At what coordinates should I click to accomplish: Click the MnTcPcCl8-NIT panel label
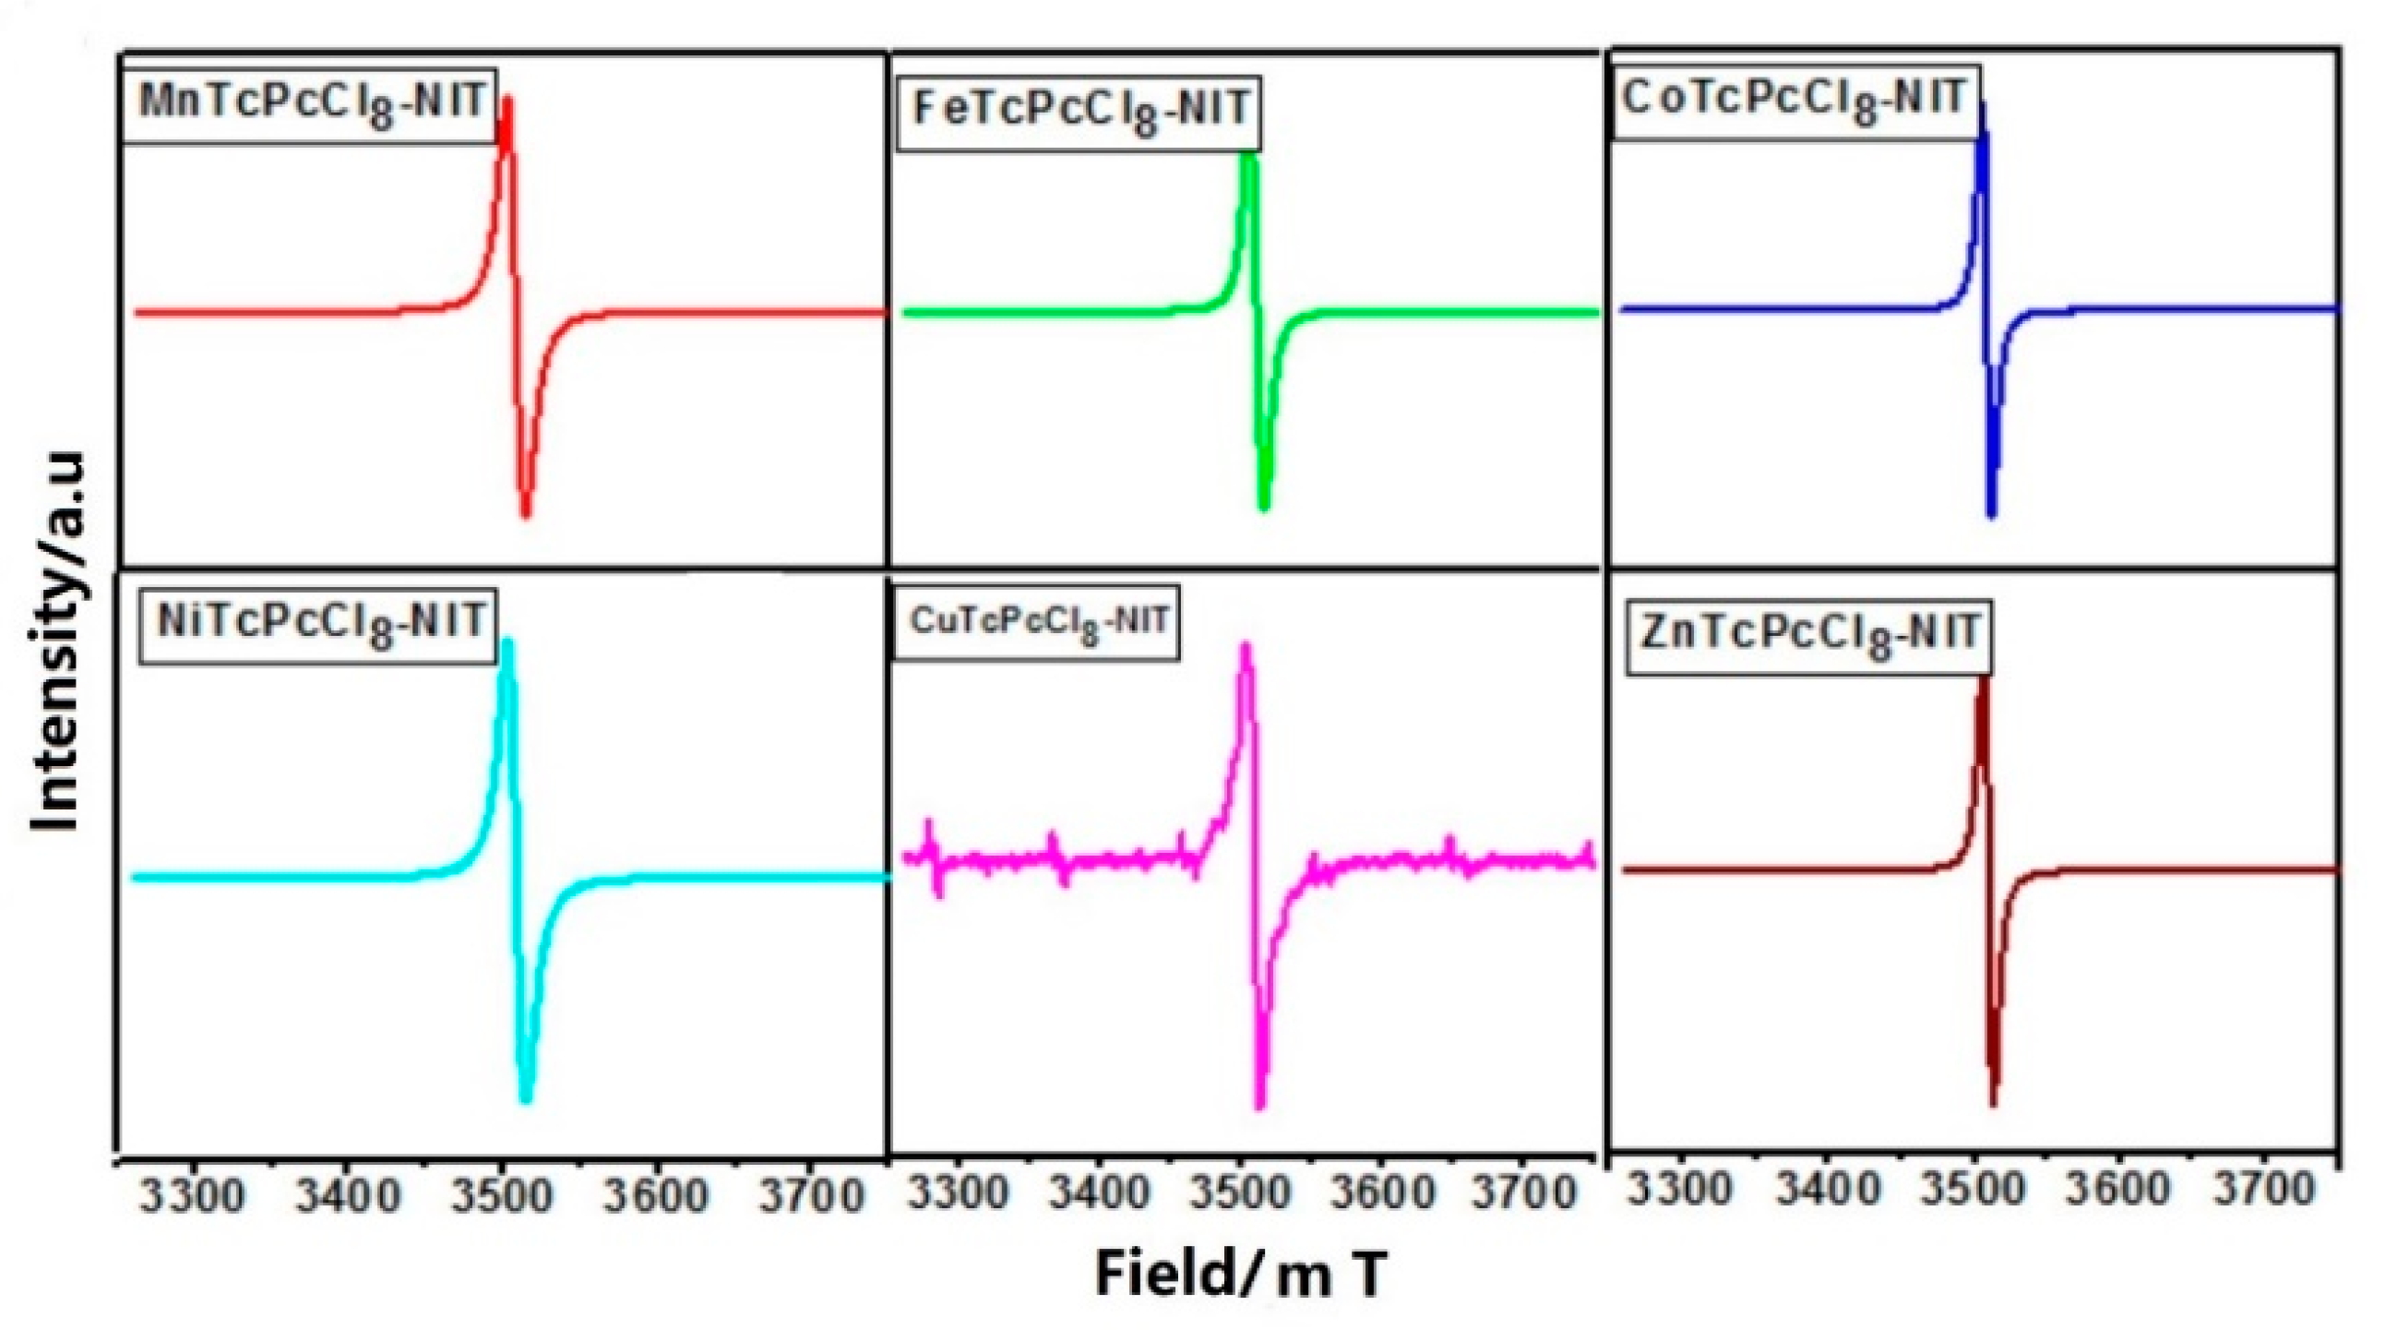pos(309,103)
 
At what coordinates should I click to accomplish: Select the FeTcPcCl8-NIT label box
pos(1078,112)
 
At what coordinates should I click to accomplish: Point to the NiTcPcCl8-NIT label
pos(318,624)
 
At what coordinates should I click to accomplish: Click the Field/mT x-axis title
pos(1241,1273)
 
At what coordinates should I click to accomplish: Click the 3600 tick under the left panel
pos(655,1196)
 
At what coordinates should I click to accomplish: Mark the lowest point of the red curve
pos(526,513)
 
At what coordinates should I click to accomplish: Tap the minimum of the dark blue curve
pos(1991,513)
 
